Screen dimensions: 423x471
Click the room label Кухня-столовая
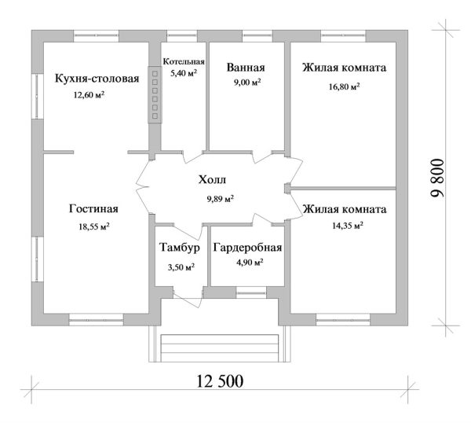click(97, 79)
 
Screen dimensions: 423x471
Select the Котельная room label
click(184, 61)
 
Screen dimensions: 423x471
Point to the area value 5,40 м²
click(184, 72)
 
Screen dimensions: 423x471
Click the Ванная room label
click(245, 68)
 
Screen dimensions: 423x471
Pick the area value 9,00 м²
click(245, 82)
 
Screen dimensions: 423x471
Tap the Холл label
click(217, 182)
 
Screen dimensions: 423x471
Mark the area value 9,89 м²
click(220, 199)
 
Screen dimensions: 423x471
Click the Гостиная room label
click(93, 209)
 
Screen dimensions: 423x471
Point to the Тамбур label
click(181, 248)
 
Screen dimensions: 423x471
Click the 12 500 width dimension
click(220, 381)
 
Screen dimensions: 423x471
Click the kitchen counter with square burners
click(155, 96)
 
